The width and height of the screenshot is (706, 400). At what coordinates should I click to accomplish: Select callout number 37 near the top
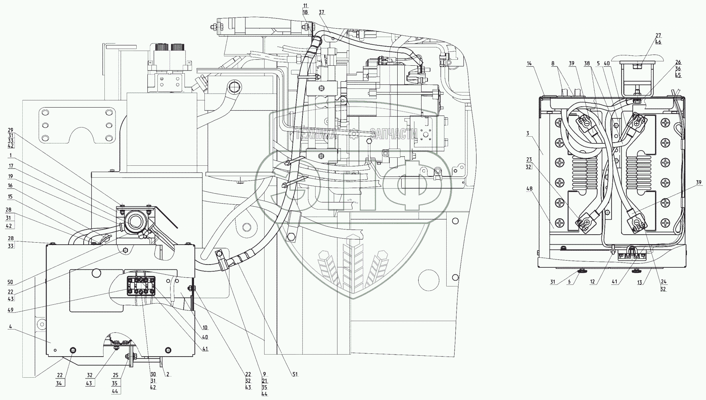click(x=322, y=12)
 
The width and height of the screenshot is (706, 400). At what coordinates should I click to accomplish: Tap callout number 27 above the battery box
click(x=658, y=35)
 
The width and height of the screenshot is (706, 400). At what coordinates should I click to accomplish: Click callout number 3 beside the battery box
click(x=528, y=133)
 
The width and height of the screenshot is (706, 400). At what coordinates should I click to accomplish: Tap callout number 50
click(x=10, y=282)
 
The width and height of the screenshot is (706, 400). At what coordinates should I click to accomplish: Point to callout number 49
click(x=10, y=310)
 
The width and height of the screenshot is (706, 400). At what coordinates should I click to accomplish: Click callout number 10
click(x=205, y=328)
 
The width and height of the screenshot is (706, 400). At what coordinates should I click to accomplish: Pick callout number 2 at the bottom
click(x=168, y=375)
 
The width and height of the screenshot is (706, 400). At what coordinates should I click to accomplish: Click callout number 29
click(x=10, y=130)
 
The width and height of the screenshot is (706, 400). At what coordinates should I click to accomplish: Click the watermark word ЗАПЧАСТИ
click(x=393, y=134)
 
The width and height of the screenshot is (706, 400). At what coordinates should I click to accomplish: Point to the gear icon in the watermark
click(x=353, y=134)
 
